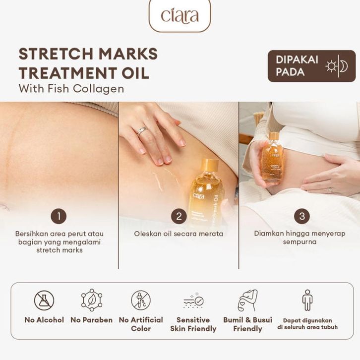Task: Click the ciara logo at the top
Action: (180, 16)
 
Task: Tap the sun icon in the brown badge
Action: (331, 66)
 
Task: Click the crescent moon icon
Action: (344, 66)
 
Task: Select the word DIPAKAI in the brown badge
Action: (297, 60)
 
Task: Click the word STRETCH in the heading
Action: (57, 54)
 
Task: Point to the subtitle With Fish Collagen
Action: (71, 89)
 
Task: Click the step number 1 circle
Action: (59, 216)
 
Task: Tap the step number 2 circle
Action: (179, 216)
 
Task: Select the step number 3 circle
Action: (302, 216)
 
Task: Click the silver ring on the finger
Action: (142, 131)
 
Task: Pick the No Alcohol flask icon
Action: (44, 300)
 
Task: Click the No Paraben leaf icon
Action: (92, 300)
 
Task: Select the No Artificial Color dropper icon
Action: (141, 300)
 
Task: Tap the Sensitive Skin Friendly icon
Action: (193, 301)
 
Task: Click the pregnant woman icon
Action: (247, 300)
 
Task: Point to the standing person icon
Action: (307, 300)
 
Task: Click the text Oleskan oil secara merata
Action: (179, 234)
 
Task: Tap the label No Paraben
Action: (92, 320)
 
